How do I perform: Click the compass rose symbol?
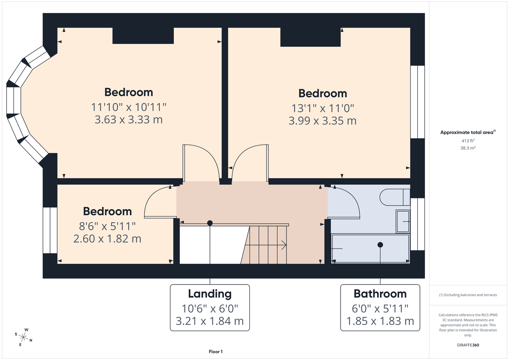(24, 337)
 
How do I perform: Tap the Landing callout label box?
(210, 307)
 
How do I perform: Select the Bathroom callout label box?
(380, 307)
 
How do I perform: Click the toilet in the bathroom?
(394, 197)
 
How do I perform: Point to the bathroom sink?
(403, 221)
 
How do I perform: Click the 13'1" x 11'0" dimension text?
(322, 108)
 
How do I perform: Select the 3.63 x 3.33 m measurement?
(129, 120)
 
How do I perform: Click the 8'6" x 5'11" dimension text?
(107, 226)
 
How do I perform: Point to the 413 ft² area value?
(468, 140)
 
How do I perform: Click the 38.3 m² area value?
(468, 148)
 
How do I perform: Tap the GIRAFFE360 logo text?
(468, 345)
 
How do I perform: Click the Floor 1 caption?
(215, 352)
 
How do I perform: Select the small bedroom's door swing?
(159, 203)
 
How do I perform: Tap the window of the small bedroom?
(50, 230)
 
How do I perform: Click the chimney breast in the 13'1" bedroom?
(310, 37)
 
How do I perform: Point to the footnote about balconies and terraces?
(468, 295)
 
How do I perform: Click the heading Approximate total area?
(468, 132)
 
